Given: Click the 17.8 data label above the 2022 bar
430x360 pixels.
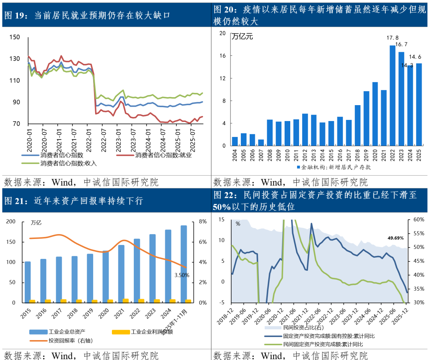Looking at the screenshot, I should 393,38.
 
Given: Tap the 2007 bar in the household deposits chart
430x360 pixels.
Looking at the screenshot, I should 261,143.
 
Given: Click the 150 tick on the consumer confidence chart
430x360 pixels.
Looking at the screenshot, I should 14,37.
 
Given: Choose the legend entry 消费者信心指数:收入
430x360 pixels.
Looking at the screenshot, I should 68,163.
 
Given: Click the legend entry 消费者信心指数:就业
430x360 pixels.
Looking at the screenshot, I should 164,155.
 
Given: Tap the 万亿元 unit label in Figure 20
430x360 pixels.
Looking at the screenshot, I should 242,37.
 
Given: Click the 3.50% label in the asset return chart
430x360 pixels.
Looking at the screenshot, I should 182,275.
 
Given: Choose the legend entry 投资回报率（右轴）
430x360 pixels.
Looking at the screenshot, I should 70,340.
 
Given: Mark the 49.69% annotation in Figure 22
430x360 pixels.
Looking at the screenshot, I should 395,238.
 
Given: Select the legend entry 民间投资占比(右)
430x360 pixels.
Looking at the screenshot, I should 301,328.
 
